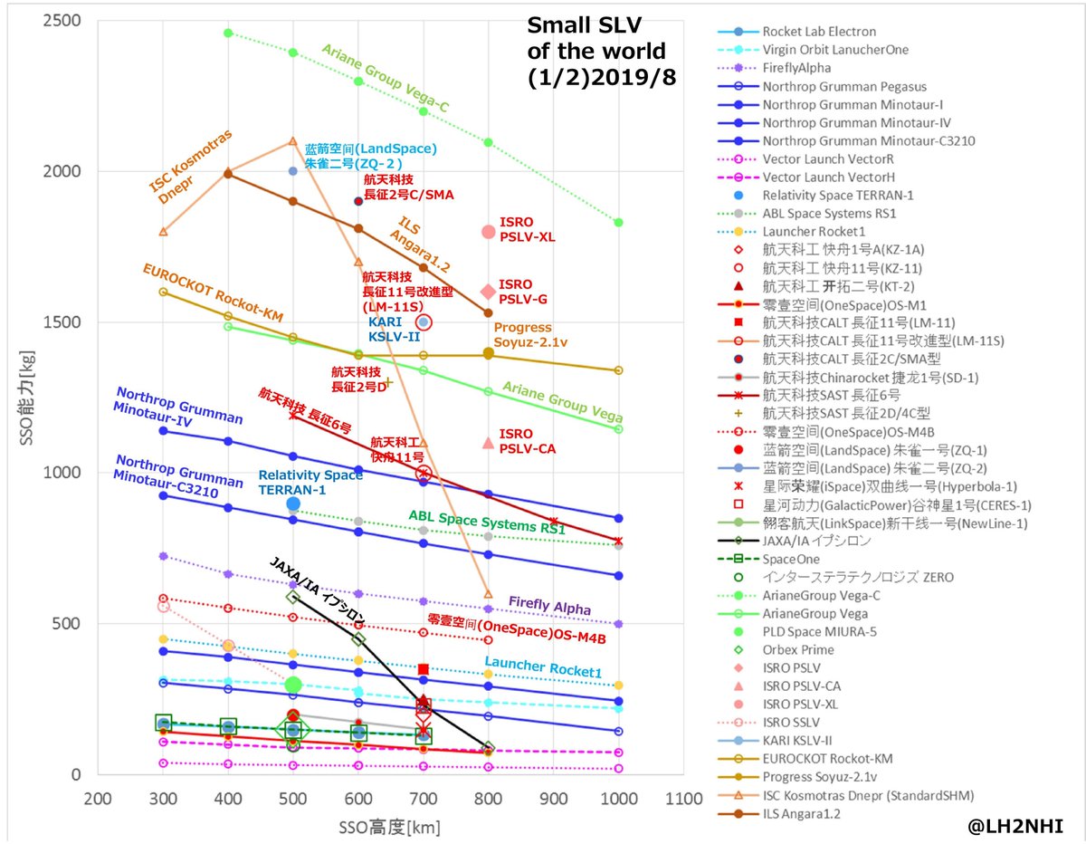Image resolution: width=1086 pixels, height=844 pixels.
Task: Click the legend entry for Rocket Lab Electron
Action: point(819,32)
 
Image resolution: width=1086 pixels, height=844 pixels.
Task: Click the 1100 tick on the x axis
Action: point(684,800)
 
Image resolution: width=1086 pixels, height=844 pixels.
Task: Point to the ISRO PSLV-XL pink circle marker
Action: point(489,232)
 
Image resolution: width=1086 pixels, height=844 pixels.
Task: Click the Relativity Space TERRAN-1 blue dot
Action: point(293,504)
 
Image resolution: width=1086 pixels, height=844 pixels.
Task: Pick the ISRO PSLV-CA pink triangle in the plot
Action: point(489,443)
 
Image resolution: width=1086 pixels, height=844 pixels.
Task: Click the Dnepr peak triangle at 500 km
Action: point(293,141)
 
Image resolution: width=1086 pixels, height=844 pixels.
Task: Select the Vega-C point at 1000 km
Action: point(619,222)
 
